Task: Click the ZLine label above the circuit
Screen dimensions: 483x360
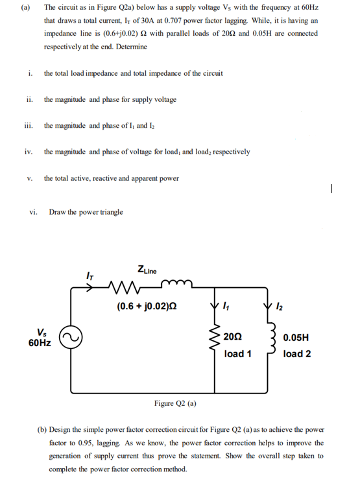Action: pos(147,269)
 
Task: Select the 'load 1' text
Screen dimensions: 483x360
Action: pos(238,353)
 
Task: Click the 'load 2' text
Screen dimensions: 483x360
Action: pos(296,353)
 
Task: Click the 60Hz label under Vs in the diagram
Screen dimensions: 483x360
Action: pos(41,343)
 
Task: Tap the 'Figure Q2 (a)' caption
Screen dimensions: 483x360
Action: pos(175,403)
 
